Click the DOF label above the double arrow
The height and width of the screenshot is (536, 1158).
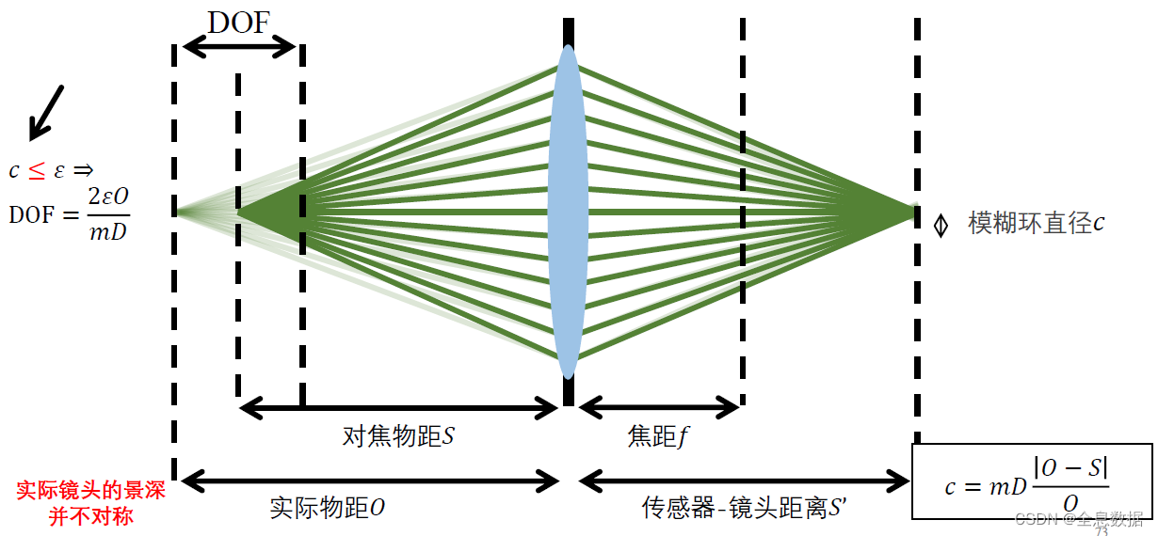(x=239, y=23)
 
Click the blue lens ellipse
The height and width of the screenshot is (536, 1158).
(x=568, y=212)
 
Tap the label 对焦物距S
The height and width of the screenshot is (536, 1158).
(x=398, y=436)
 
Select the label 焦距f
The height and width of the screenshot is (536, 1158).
(x=657, y=436)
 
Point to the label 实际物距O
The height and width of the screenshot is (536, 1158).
(x=328, y=509)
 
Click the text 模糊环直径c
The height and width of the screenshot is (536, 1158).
(x=1036, y=224)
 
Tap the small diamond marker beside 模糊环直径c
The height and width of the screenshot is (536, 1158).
(x=940, y=226)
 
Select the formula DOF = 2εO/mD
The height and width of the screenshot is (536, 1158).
(x=70, y=213)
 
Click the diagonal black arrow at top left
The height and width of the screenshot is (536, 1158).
(x=45, y=110)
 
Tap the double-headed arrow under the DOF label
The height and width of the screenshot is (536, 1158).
(x=239, y=45)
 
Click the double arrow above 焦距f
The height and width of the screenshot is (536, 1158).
(x=659, y=407)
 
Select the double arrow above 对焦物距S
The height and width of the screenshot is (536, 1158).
(x=399, y=407)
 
